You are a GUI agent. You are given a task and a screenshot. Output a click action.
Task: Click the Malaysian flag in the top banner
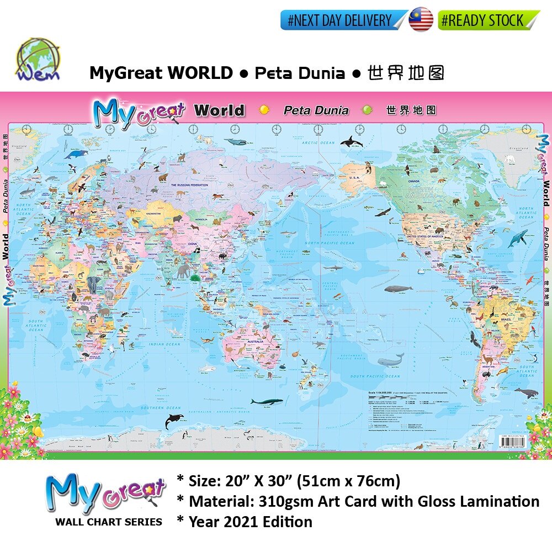click(421, 19)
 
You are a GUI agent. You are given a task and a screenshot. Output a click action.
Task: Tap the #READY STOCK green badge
click(488, 20)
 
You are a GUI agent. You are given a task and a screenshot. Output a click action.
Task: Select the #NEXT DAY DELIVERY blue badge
click(343, 20)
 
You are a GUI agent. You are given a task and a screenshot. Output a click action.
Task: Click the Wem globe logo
click(38, 60)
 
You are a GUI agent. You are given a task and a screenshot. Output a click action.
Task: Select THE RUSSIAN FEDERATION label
click(189, 185)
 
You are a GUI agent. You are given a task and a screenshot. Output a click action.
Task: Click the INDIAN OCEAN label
click(164, 344)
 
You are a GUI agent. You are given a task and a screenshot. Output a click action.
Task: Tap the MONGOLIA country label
click(197, 219)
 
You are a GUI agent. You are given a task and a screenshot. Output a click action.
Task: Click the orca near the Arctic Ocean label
click(351, 142)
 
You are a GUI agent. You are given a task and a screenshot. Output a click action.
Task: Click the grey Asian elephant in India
click(183, 270)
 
